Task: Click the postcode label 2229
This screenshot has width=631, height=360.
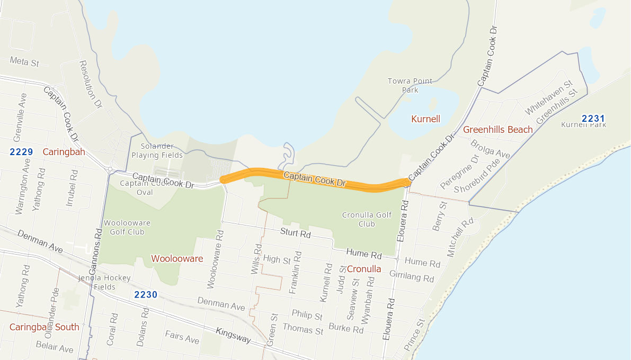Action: pyautogui.click(x=21, y=152)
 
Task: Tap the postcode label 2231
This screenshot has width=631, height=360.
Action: pyautogui.click(x=593, y=119)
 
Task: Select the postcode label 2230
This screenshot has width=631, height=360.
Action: pyautogui.click(x=146, y=295)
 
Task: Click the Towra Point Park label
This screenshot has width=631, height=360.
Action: pyautogui.click(x=410, y=85)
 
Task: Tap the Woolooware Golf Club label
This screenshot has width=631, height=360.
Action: pyautogui.click(x=125, y=227)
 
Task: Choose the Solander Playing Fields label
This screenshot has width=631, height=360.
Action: pyautogui.click(x=157, y=151)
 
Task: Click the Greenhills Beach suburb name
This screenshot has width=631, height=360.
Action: pyautogui.click(x=497, y=130)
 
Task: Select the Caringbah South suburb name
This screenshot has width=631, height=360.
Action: pyautogui.click(x=45, y=327)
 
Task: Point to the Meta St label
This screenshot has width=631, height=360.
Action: pyautogui.click(x=24, y=62)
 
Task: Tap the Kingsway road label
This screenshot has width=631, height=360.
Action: pyautogui.click(x=233, y=336)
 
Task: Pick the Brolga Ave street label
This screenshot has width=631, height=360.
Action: pyautogui.click(x=490, y=150)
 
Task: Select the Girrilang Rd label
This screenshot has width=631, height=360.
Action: pyautogui.click(x=411, y=276)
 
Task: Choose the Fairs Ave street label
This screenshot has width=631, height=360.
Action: pyautogui.click(x=182, y=337)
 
